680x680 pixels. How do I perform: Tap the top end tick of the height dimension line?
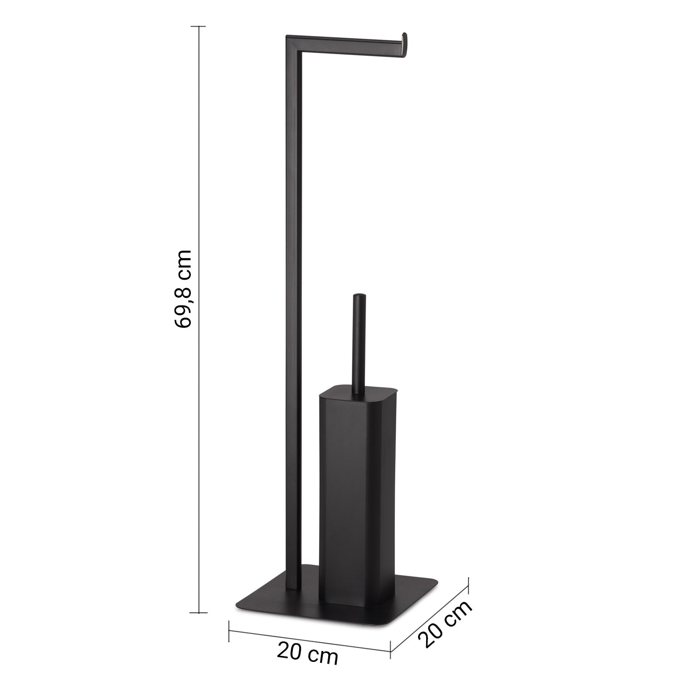pos(198,27)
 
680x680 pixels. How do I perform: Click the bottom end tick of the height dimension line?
pos(198,612)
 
